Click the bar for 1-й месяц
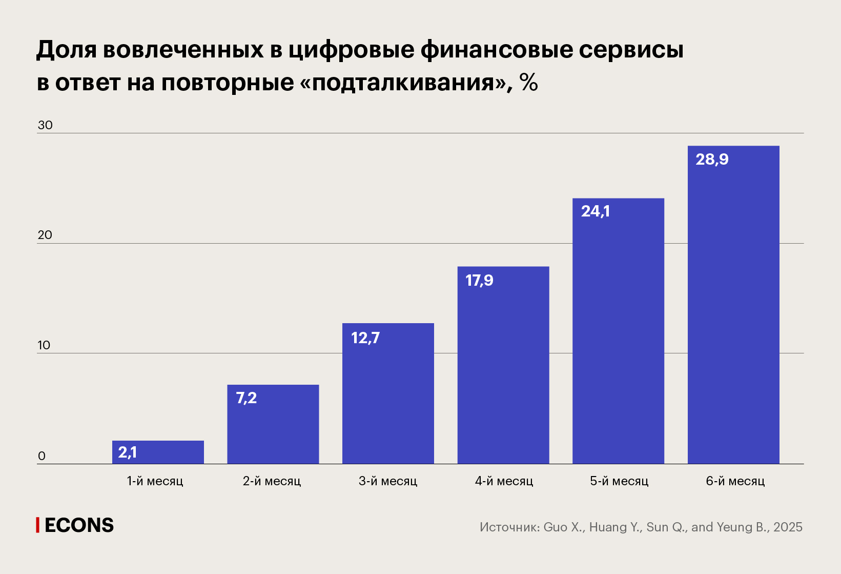click(158, 452)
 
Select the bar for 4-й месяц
click(503, 365)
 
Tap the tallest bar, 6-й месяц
click(733, 305)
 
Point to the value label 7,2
click(247, 398)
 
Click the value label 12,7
click(365, 338)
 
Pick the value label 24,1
click(596, 211)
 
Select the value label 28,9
click(712, 160)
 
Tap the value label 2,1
click(128, 452)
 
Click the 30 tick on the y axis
click(45, 125)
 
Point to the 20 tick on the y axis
click(45, 235)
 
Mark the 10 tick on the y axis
click(44, 345)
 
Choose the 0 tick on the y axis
click(42, 456)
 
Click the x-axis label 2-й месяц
click(272, 481)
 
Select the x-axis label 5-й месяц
click(619, 481)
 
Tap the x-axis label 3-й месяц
click(388, 481)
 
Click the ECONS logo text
click(79, 525)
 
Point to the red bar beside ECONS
click(37, 525)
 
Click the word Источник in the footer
click(509, 527)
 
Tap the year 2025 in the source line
click(788, 527)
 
